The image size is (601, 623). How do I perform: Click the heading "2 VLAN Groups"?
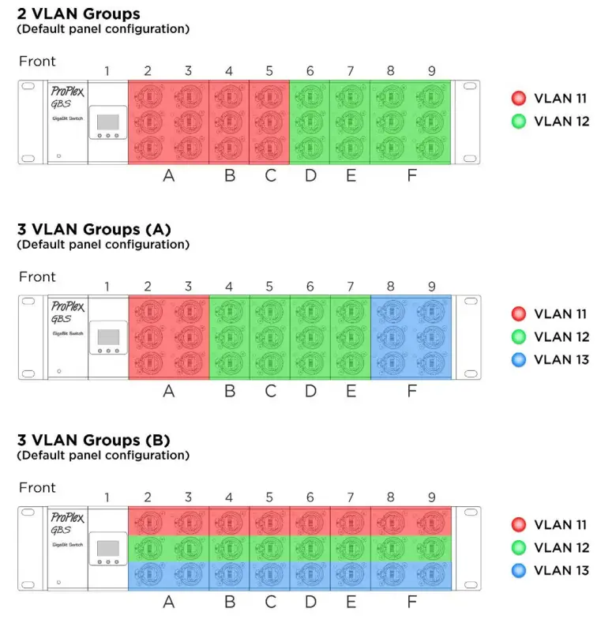coord(78,13)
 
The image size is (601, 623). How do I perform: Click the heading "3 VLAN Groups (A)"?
coord(94,229)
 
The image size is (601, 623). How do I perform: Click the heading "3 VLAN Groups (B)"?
coord(93,440)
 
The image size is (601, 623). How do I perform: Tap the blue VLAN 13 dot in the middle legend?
coord(518,359)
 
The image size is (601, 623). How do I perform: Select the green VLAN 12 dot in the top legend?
coord(518,122)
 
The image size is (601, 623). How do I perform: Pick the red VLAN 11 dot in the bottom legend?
coord(518,524)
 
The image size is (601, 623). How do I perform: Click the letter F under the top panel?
coord(411,175)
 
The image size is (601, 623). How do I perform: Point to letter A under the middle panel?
coord(168,391)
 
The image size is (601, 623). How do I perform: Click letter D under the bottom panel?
coord(310,602)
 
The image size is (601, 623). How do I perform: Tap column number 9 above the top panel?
coord(431,71)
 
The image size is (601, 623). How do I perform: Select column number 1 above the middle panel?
coord(107,287)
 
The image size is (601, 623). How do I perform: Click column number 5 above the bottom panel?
coord(269,497)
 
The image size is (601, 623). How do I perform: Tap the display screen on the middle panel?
coord(107,336)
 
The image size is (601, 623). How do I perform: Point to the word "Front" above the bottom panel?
coord(37,487)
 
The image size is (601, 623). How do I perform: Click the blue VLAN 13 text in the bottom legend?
coord(562,570)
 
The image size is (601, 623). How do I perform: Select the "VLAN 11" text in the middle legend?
coord(562,314)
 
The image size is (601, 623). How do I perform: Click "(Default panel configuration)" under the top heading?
coord(103,29)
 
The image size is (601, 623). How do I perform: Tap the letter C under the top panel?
coord(271,175)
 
